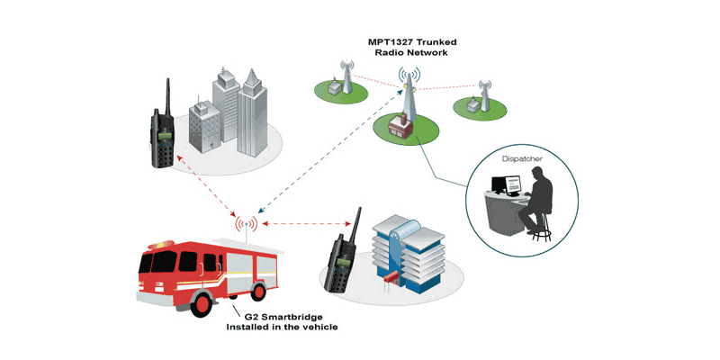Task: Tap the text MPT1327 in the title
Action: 388,42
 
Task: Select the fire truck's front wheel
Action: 201,304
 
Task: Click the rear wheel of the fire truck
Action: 259,292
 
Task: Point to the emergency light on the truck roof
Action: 162,244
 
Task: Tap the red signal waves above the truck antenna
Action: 246,223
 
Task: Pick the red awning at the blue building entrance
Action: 391,276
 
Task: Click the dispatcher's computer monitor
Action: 512,184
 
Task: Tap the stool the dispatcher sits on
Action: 542,228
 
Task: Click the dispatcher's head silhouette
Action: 537,174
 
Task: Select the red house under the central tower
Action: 400,126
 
